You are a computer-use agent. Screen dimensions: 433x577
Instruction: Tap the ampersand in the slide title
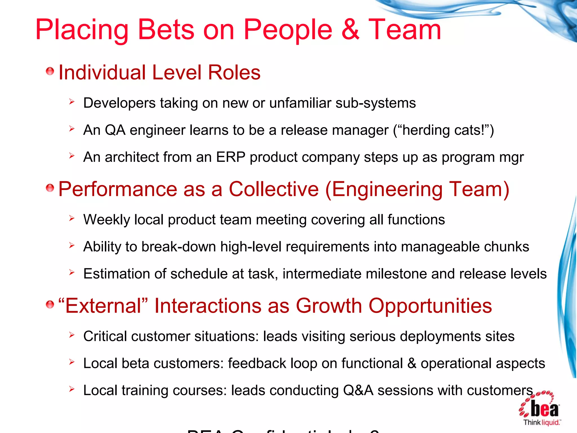point(350,30)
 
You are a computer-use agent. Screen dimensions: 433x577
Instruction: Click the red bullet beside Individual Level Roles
point(50,71)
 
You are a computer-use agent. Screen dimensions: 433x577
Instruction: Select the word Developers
point(119,103)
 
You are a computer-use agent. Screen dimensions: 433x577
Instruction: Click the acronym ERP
point(230,157)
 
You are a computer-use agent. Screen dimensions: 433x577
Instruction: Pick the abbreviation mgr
point(511,158)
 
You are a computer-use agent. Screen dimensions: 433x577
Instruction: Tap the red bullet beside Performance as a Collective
point(50,188)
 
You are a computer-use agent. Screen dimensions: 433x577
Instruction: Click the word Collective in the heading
point(274,189)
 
